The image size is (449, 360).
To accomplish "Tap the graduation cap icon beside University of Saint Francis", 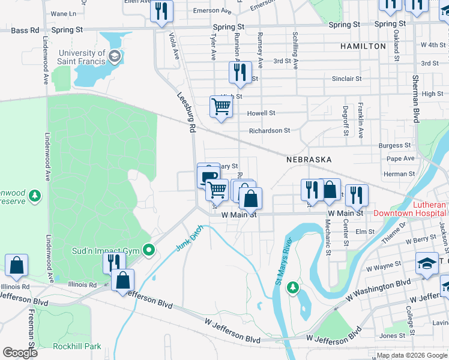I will (x=114, y=57).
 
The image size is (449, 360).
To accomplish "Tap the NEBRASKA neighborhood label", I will (x=309, y=160).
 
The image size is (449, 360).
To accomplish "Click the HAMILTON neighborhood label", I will (x=363, y=46).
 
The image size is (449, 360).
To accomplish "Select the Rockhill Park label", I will (x=77, y=346).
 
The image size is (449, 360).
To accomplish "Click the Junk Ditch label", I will (x=186, y=239).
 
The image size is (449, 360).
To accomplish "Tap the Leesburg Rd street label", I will (x=187, y=112).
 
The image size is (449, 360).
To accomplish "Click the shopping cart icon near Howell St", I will (x=221, y=107).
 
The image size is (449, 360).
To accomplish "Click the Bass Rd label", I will (x=25, y=29).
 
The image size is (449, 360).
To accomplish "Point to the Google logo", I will (x=20, y=352).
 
